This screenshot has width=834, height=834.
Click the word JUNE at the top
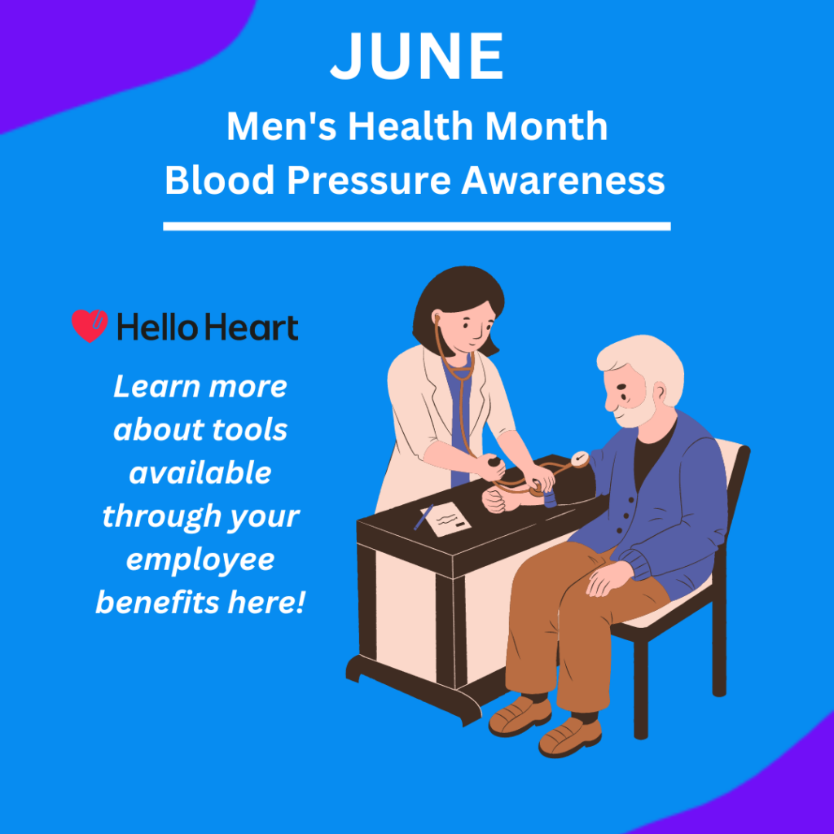coord(417,56)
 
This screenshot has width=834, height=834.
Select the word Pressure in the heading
coord(369,180)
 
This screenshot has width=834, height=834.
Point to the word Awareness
coord(563,180)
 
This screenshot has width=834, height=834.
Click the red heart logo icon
coord(90,326)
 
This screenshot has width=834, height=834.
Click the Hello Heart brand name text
coord(208,327)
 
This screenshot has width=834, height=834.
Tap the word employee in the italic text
coord(200,560)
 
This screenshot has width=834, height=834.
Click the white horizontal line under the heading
coord(417,226)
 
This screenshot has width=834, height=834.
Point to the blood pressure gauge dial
coord(580,459)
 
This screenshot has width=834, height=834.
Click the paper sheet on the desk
coord(446,519)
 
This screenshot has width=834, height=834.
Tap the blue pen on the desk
coord(424,517)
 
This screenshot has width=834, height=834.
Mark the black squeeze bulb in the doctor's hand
coord(494,462)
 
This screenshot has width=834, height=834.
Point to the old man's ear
coord(660,392)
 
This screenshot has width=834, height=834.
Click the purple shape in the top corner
coord(107,48)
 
